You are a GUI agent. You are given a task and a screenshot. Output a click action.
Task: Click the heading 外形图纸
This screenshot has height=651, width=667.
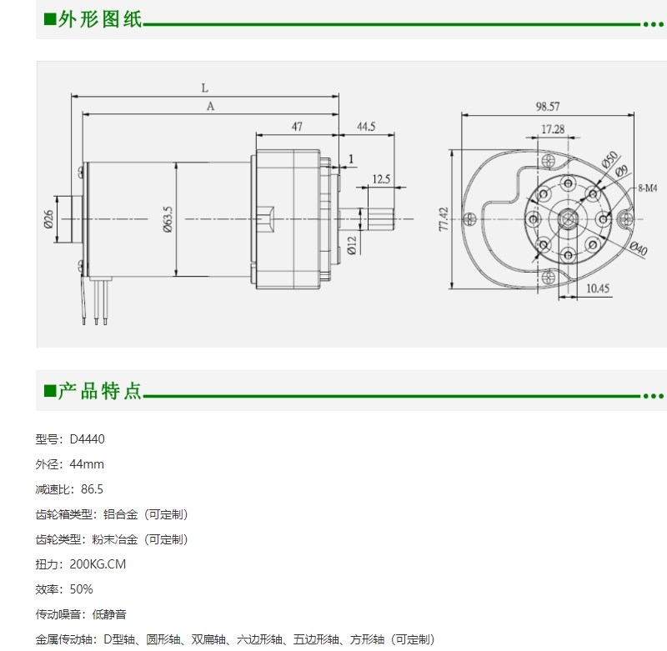click(99, 19)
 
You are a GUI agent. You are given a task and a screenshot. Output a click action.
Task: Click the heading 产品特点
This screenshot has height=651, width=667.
click(99, 391)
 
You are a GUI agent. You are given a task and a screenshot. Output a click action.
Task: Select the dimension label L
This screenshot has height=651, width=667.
click(204, 88)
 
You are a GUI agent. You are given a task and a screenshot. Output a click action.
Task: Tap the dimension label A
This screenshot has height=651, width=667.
click(210, 107)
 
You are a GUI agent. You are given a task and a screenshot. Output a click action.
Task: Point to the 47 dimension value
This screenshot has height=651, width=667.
click(297, 127)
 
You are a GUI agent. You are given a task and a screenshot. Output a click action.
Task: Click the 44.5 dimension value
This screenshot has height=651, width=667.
click(366, 127)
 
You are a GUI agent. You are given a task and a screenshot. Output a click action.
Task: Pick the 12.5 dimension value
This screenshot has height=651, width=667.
click(381, 179)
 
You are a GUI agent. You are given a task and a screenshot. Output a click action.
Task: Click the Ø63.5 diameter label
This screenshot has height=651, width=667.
click(168, 219)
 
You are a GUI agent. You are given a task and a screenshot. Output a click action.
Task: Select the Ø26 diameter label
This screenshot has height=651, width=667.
click(48, 219)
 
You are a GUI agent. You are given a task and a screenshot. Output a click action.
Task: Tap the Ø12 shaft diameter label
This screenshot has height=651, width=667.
click(351, 246)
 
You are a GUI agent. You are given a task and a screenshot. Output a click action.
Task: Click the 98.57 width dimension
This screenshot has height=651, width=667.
click(548, 107)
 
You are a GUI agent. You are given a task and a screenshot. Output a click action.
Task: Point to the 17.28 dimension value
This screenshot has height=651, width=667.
click(553, 129)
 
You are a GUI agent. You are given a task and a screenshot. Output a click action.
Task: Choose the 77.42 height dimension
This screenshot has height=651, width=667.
click(444, 219)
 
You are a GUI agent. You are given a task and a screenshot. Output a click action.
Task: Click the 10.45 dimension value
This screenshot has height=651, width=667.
click(598, 288)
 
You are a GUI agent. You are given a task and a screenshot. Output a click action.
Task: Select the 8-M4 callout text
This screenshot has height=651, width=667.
click(648, 188)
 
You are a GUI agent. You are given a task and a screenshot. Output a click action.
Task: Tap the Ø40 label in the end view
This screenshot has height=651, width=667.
click(639, 248)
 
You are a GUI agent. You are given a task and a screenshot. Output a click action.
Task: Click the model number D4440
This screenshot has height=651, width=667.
click(88, 439)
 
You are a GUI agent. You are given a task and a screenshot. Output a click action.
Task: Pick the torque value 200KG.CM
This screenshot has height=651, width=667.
click(98, 564)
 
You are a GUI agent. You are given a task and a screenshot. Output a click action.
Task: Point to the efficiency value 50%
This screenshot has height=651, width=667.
click(81, 589)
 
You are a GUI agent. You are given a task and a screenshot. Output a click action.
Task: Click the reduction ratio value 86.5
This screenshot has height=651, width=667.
click(92, 489)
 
